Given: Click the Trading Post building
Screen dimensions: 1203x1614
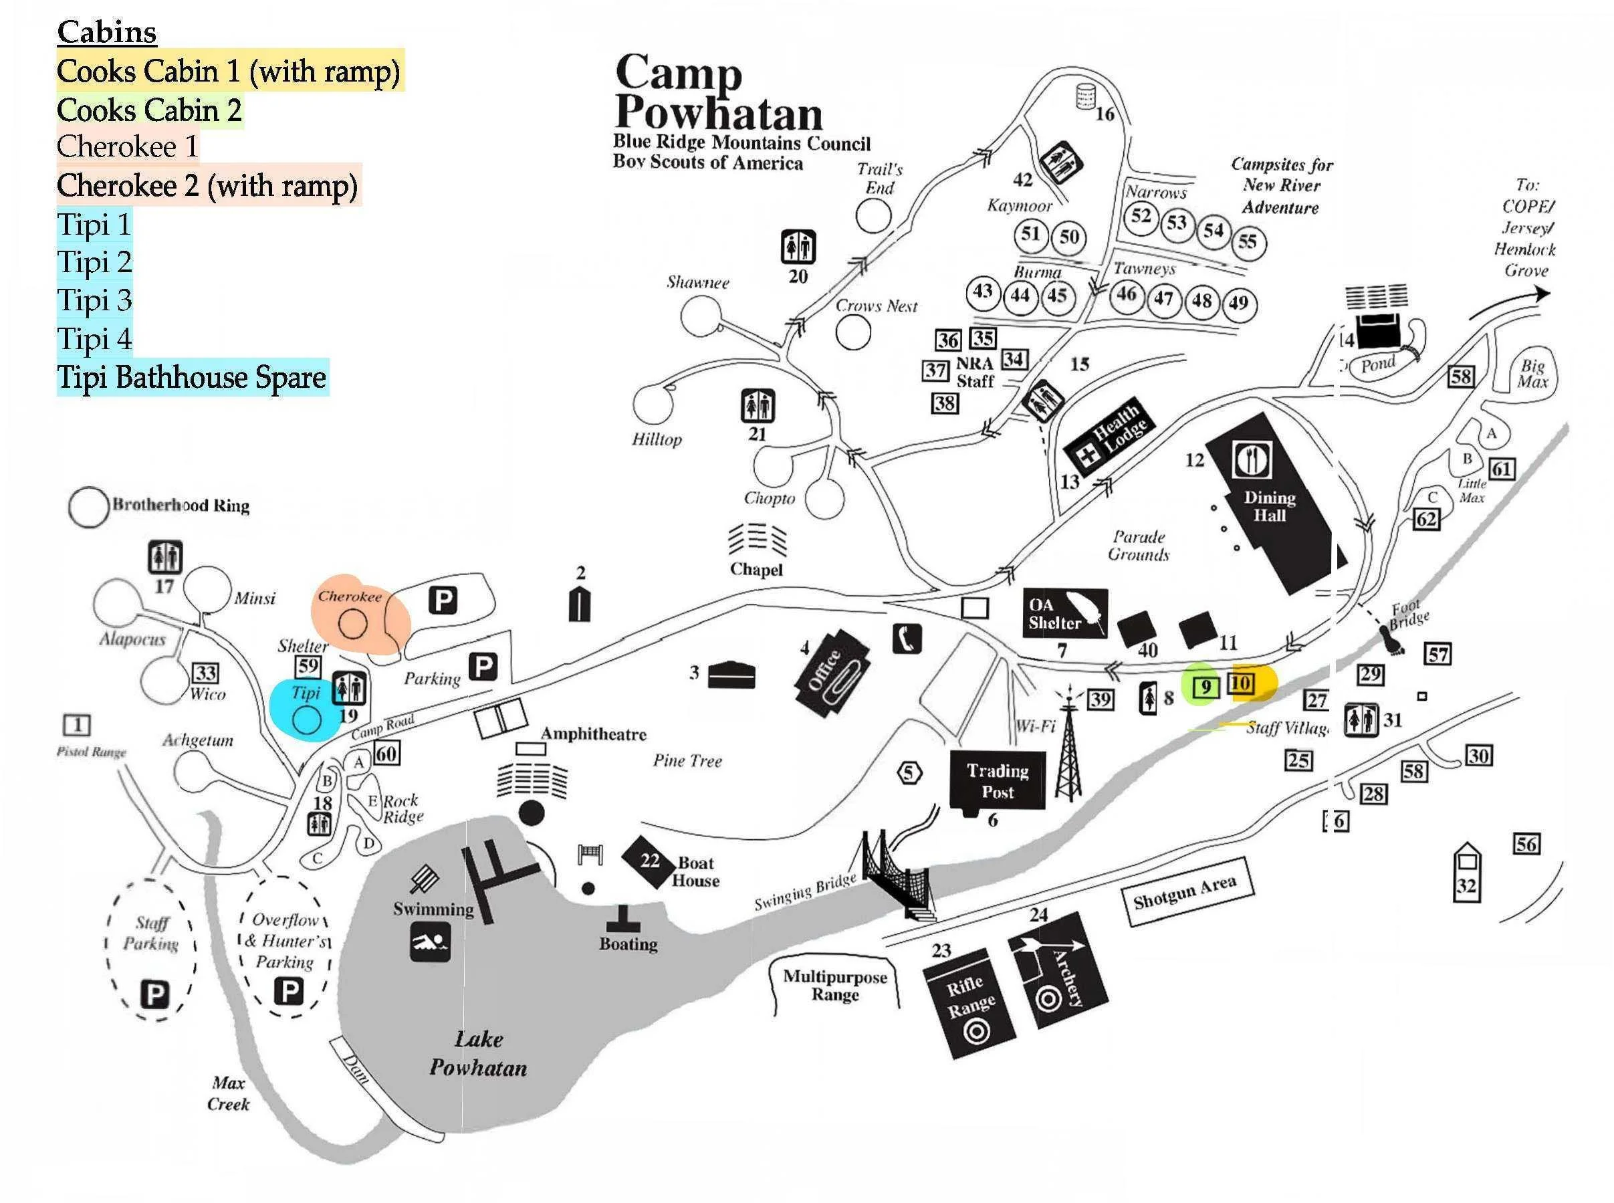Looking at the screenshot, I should [997, 780].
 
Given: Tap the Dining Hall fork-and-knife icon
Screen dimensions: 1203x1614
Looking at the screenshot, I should [1252, 459].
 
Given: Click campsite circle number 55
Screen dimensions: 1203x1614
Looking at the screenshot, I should [1248, 242].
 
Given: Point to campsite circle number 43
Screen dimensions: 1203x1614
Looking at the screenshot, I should [983, 292].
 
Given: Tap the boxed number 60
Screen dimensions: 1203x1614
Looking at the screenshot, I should [386, 754].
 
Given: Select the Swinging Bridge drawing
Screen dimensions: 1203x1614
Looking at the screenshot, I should [893, 874].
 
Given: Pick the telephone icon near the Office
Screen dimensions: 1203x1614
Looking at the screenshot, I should [907, 639].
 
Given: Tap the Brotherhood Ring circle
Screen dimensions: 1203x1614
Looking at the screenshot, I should [89, 507].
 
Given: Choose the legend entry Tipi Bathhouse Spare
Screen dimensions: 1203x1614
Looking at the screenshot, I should [192, 377].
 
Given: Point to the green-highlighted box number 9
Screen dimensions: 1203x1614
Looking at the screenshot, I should [1205, 687].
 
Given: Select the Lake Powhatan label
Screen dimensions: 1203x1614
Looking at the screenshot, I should [478, 1053].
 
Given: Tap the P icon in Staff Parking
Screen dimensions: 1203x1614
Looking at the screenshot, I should [155, 994].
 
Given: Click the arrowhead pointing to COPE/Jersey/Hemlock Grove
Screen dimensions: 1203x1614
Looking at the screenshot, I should [1540, 294].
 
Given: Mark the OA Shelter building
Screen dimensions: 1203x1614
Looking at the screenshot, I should [1064, 613].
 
